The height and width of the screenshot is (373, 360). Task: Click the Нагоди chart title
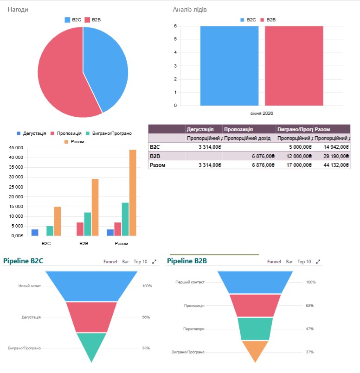click(18, 9)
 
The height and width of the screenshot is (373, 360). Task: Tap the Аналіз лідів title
click(189, 9)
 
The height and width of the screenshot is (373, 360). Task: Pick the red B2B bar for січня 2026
click(294, 65)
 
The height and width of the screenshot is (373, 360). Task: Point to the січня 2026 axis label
click(261, 113)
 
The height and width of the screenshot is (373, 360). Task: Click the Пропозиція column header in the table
click(238, 129)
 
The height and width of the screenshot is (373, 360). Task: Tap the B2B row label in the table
click(155, 156)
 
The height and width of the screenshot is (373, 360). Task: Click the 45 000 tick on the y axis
click(16, 148)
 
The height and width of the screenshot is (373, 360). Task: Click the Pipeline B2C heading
click(23, 261)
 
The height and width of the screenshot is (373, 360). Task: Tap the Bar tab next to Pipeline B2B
click(289, 262)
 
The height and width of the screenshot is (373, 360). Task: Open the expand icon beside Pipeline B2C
click(154, 262)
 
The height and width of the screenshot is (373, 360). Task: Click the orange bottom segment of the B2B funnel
click(255, 350)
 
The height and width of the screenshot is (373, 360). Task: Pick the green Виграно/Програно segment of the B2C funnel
click(91, 345)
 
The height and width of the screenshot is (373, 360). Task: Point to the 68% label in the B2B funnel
click(309, 305)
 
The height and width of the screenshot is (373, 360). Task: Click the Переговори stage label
click(194, 329)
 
